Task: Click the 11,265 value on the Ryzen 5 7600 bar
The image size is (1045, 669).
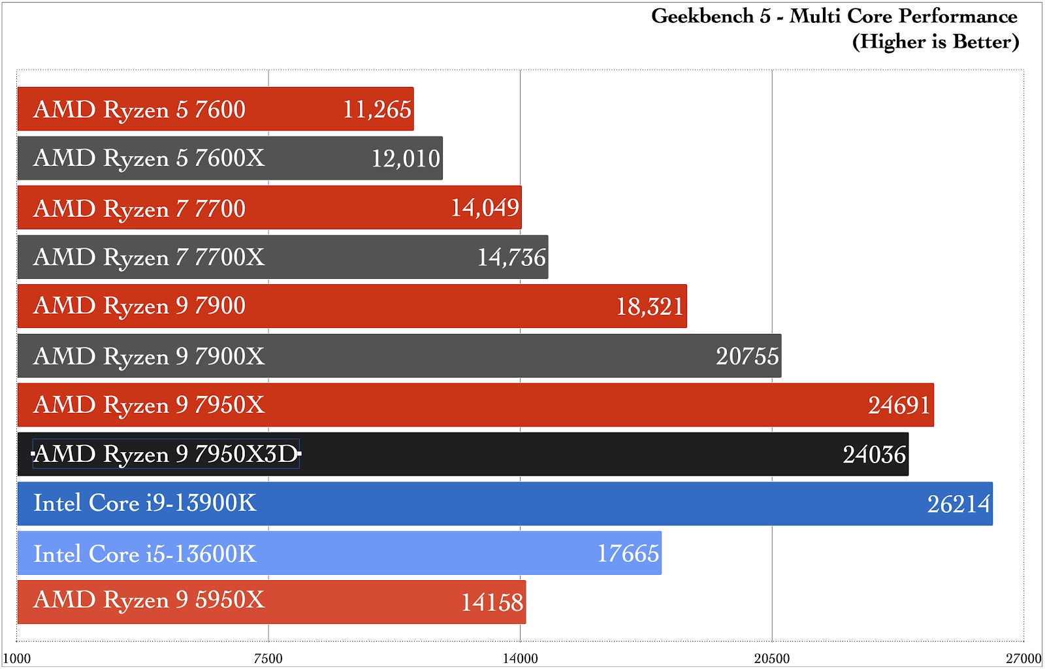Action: (377, 110)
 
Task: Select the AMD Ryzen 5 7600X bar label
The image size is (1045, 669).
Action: (149, 159)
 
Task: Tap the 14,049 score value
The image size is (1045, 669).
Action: (485, 208)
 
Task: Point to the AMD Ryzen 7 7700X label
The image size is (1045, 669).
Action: (149, 257)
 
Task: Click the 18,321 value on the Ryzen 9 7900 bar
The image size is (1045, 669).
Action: (650, 306)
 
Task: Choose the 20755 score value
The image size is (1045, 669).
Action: (747, 356)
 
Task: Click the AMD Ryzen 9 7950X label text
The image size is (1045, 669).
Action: (149, 405)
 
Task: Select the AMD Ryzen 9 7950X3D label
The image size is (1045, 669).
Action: (166, 454)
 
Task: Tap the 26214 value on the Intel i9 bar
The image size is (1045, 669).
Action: (958, 504)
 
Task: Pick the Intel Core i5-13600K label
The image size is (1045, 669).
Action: (145, 554)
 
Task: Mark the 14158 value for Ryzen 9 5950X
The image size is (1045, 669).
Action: (492, 602)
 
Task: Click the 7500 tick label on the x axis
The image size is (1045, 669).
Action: (268, 659)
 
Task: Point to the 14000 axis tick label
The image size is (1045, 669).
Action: (520, 659)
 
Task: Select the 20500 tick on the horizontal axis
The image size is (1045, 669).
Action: (771, 659)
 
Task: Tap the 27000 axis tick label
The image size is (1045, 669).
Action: (1023, 659)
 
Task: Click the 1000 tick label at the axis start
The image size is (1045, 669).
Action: (17, 659)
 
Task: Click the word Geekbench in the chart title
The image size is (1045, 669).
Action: (702, 16)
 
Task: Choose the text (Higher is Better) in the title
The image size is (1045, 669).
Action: (935, 42)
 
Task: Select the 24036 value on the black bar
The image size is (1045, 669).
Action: (874, 455)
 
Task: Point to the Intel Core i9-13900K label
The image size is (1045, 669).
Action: (145, 503)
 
